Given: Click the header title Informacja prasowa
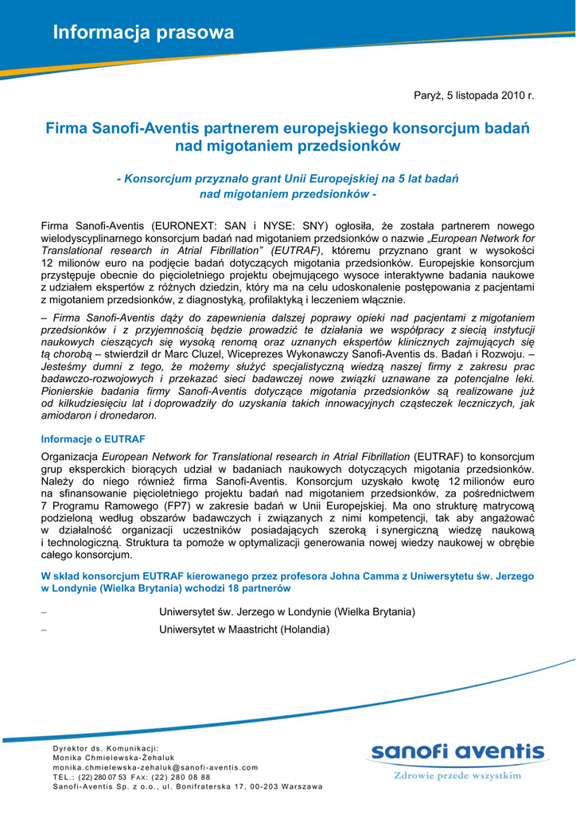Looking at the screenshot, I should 143,33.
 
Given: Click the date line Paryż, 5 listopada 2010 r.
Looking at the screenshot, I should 473,96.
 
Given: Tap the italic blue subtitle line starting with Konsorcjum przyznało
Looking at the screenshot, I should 287,178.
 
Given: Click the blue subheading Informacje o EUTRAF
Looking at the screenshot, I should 92,439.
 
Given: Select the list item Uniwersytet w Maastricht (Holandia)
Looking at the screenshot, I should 244,630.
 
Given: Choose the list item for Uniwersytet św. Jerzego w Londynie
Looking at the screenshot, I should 287,611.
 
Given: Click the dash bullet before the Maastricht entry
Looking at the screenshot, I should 44,630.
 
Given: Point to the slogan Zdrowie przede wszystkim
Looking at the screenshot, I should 457,774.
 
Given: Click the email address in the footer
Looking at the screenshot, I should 155,767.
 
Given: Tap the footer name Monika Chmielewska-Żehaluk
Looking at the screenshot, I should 114,758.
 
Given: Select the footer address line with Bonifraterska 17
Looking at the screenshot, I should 188,786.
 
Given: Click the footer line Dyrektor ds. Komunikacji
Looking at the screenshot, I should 106,748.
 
